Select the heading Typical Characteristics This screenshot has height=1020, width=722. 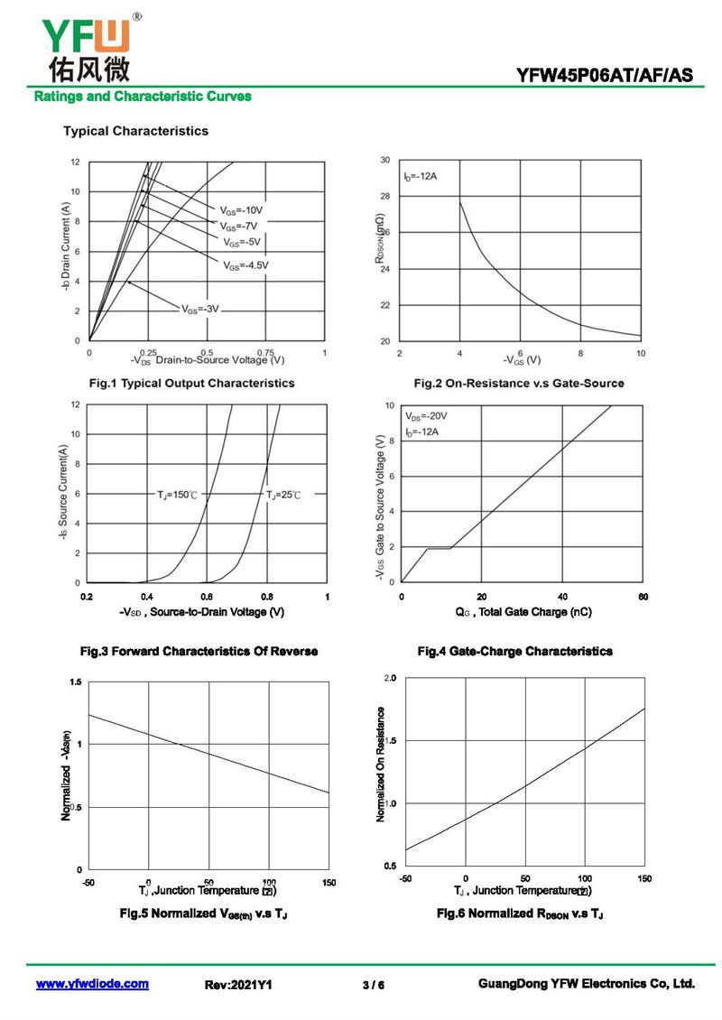(135, 131)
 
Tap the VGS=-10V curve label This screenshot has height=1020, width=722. (241, 210)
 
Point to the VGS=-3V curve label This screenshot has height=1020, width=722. (200, 309)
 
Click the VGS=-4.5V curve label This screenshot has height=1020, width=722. (245, 264)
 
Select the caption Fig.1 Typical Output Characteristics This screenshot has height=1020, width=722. (191, 383)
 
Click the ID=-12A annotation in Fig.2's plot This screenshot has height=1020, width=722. (421, 176)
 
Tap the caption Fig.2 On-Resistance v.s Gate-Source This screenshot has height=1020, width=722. (518, 383)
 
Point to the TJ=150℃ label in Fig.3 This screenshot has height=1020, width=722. (177, 495)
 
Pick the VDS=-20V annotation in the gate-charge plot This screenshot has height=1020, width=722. (427, 417)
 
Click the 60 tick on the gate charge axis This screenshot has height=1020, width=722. (643, 597)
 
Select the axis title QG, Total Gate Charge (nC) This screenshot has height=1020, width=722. (523, 612)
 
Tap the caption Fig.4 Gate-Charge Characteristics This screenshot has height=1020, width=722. (514, 651)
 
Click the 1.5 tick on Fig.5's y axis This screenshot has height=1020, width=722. (76, 682)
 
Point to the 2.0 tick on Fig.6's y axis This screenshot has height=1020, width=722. (390, 677)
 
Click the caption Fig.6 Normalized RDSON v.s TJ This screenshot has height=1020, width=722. (520, 914)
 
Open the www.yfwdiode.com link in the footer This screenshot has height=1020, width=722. (92, 984)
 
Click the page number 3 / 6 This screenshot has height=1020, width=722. (373, 985)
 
